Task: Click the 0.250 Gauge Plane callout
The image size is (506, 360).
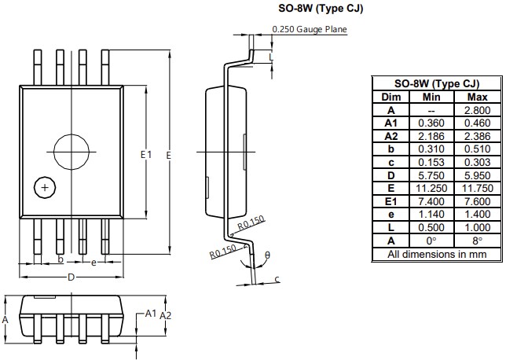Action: coord(310,29)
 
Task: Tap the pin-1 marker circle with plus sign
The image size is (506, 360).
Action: coord(46,188)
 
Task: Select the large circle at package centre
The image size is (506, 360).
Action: coord(71,151)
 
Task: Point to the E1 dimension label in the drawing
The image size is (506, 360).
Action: coord(145,155)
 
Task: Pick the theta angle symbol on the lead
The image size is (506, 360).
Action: coord(266,254)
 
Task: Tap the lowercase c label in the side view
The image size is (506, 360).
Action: coord(277,278)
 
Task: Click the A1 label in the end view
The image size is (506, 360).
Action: coord(150,313)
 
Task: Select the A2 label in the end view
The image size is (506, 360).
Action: coord(167,314)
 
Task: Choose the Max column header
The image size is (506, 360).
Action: coord(478,97)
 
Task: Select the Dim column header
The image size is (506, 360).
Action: coord(390,97)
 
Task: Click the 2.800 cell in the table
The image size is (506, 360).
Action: coord(478,110)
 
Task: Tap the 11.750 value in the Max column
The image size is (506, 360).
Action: coord(478,189)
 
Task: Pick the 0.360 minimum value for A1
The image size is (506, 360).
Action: coord(431,123)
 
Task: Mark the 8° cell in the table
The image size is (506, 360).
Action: coord(478,241)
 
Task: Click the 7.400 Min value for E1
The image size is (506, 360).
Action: coord(431,201)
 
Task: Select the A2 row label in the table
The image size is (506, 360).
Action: coord(390,136)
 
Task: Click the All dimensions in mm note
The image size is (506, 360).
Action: coord(436,254)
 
